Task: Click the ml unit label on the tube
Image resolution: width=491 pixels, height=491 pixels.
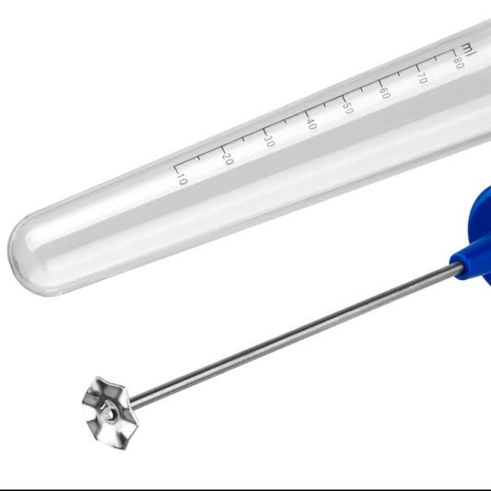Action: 469,50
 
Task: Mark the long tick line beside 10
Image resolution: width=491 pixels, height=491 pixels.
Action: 177,170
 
